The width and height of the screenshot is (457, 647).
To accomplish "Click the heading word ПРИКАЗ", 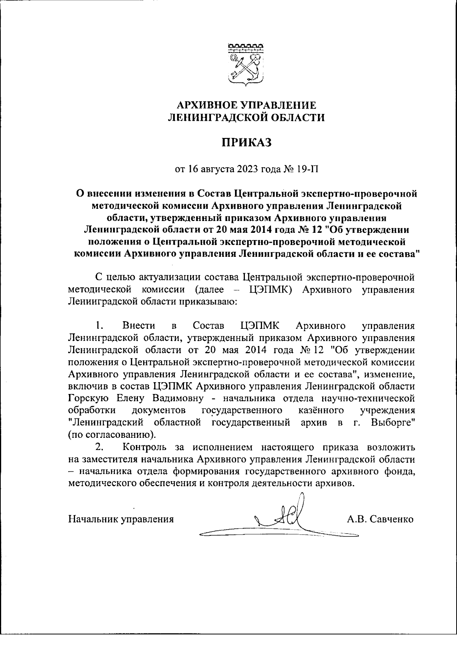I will tap(246, 143).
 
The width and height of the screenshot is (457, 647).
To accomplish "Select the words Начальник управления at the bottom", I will tap(121, 519).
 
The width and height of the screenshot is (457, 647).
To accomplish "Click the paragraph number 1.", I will tap(99, 326).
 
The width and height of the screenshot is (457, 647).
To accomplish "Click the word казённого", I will tap(321, 411).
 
